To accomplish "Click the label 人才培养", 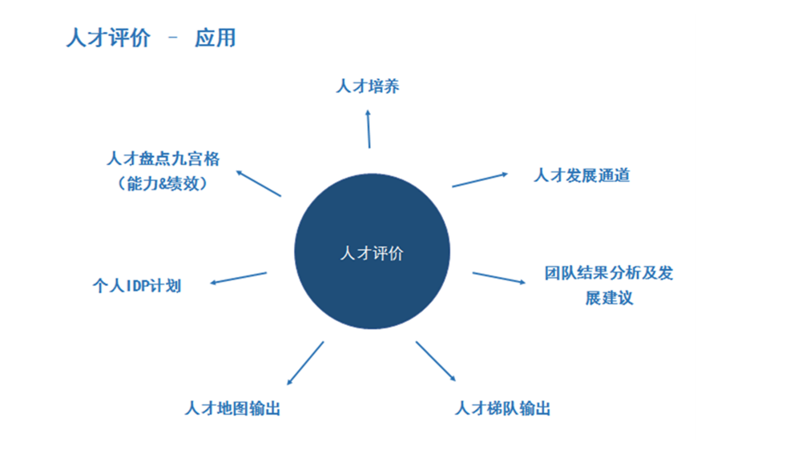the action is (368, 86).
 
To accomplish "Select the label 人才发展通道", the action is (582, 175).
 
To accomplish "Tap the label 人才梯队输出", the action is (502, 408).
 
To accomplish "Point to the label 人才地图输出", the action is (232, 408).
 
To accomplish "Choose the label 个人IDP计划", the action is (137, 286).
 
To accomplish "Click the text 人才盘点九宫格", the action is (163, 159).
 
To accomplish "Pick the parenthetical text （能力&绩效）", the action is (163, 183).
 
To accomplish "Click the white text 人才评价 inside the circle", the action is (372, 253).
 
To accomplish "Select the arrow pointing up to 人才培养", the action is (369, 129).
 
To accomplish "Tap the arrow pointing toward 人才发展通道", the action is (480, 180).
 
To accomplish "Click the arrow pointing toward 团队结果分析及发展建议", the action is (499, 278).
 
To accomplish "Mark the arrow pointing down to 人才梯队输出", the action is (436, 361).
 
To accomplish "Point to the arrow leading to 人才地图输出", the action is (304, 364).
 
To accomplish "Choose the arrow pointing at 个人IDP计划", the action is (238, 278).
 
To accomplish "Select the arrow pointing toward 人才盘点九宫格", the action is (258, 183).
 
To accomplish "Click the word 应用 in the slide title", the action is (215, 38).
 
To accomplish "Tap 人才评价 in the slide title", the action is (108, 38).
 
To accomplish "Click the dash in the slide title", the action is (173, 37).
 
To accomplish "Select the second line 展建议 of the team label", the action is (609, 298).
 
